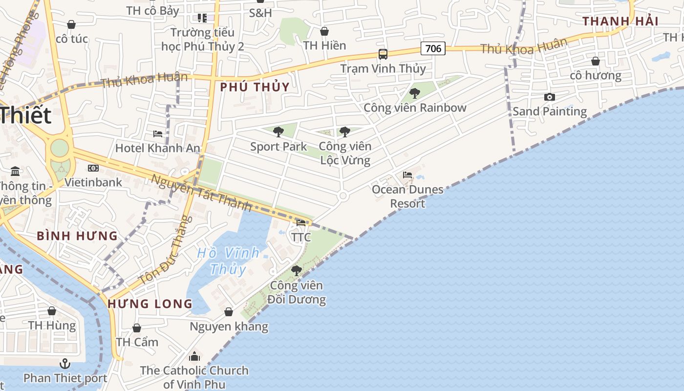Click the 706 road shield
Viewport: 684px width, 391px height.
pos(433,48)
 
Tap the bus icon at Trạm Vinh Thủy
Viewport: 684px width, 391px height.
pos(383,54)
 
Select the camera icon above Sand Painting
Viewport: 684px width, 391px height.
pos(550,97)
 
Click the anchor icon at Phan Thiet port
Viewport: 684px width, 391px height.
pos(64,364)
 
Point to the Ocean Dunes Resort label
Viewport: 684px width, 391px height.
pos(407,196)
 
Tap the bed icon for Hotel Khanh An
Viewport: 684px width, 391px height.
pos(158,133)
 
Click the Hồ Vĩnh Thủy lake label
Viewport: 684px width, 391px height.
pos(228,261)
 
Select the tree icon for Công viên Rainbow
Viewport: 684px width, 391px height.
pos(415,93)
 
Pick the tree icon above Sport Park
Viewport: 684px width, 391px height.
pos(278,131)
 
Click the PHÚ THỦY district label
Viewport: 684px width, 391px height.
pos(255,87)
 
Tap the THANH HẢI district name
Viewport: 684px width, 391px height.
pos(620,21)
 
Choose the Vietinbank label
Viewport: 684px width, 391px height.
pos(93,182)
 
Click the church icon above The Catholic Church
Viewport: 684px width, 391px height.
pos(194,356)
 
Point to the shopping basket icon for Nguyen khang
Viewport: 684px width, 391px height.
pos(229,312)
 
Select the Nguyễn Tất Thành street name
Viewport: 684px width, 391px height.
pos(201,194)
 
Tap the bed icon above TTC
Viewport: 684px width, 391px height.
pos(301,223)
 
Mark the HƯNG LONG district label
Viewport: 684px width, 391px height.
pos(150,304)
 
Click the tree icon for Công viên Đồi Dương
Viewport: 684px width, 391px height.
pos(296,270)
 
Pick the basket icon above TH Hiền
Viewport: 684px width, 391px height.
pos(324,31)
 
